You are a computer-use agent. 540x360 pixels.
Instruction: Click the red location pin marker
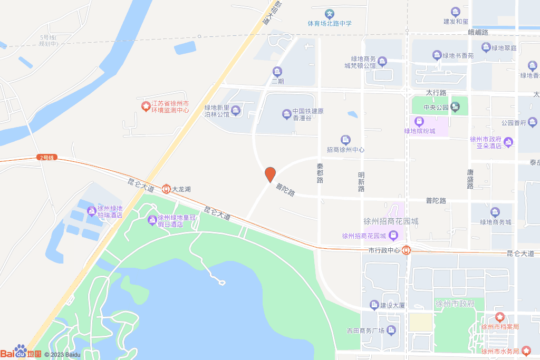click(270, 174)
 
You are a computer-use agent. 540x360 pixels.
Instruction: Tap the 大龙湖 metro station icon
click(166, 188)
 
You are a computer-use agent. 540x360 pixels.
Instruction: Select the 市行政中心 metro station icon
click(406, 250)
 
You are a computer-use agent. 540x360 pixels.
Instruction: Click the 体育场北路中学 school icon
click(330, 13)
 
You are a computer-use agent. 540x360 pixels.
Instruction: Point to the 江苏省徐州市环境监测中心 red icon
click(146, 106)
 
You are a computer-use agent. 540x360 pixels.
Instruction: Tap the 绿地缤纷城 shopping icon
click(419, 122)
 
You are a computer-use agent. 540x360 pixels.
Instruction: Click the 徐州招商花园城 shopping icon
click(394, 235)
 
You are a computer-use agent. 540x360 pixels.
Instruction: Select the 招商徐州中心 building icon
click(345, 140)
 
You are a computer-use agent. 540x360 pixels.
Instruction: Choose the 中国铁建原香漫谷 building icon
click(286, 114)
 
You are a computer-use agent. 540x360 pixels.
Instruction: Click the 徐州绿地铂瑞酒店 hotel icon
click(92, 211)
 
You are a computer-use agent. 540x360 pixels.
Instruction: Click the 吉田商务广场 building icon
click(391, 330)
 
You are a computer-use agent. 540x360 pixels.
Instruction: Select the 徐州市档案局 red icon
click(499, 317)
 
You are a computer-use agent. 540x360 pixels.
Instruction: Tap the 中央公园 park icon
click(455, 108)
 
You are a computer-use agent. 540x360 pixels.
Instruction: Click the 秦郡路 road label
click(320, 173)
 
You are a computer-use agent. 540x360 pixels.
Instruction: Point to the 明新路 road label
click(361, 181)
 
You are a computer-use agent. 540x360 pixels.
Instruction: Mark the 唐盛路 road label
click(470, 179)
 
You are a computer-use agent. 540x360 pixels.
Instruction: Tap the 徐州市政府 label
click(455, 304)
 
